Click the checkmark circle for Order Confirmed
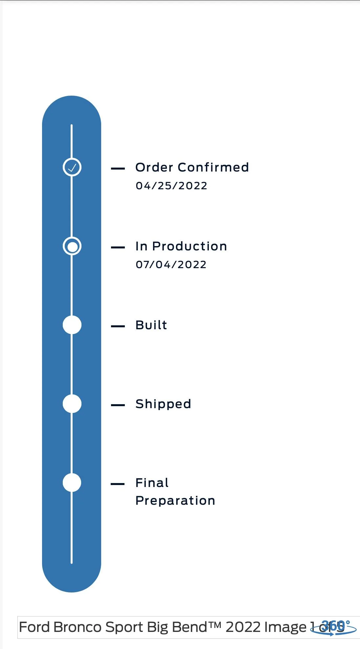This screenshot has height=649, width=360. [72, 167]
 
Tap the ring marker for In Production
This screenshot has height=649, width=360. [72, 246]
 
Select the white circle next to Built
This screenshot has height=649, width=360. [72, 325]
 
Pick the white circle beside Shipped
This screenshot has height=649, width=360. [72, 404]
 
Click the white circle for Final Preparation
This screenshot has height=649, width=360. [72, 483]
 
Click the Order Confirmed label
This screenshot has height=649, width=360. [192, 167]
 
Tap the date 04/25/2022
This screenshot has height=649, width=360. [171, 186]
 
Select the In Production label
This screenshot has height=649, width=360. [181, 246]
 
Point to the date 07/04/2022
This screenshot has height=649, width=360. [171, 265]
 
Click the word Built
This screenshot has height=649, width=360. [151, 325]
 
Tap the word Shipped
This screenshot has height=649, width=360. [163, 404]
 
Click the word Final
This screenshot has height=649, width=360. [152, 483]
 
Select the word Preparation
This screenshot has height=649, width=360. [175, 500]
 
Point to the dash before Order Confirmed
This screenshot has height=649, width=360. [118, 169]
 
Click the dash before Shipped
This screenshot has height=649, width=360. [118, 405]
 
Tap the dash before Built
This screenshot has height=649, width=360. [118, 326]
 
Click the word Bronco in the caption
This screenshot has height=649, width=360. [78, 627]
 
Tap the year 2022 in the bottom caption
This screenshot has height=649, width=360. [243, 627]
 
